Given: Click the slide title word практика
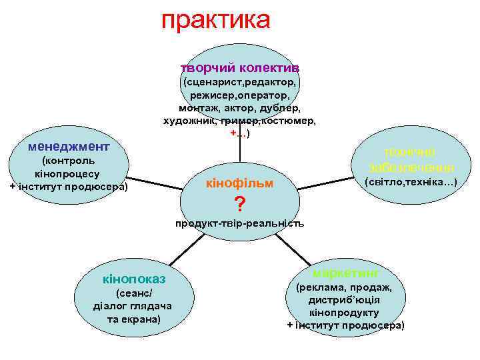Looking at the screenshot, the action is (215, 20).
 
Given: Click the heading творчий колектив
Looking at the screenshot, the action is (239, 68).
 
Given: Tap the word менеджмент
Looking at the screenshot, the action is (65, 145).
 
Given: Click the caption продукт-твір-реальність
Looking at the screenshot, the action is (239, 224).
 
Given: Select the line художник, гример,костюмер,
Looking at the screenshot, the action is (239, 121).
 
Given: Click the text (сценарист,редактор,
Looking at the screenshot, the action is (239, 83).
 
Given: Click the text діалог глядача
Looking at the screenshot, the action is (133, 306).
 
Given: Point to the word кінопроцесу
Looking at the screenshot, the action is (67, 173).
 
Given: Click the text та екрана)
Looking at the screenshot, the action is (133, 319).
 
